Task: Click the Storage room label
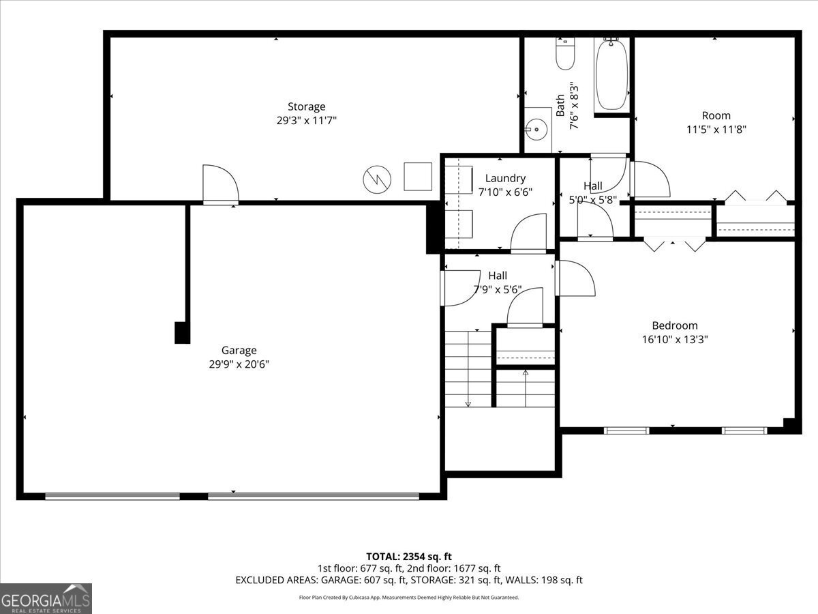[x=306, y=106]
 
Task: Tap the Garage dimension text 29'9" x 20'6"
[x=239, y=364]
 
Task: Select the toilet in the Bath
[x=564, y=55]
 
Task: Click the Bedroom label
[x=674, y=325]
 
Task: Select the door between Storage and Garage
[x=220, y=185]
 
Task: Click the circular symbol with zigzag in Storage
[x=377, y=179]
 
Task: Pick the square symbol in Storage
[x=418, y=177]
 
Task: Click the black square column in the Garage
[x=182, y=332]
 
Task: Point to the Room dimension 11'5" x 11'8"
[x=716, y=129]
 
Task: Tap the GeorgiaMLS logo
[x=46, y=598]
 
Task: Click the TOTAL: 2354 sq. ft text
[x=409, y=556]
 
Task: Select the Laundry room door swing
[x=529, y=233]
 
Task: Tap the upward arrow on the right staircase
[x=525, y=373]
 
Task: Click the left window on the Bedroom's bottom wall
[x=626, y=430]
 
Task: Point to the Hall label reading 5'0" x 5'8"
[x=592, y=199]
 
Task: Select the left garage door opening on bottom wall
[x=112, y=497]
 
